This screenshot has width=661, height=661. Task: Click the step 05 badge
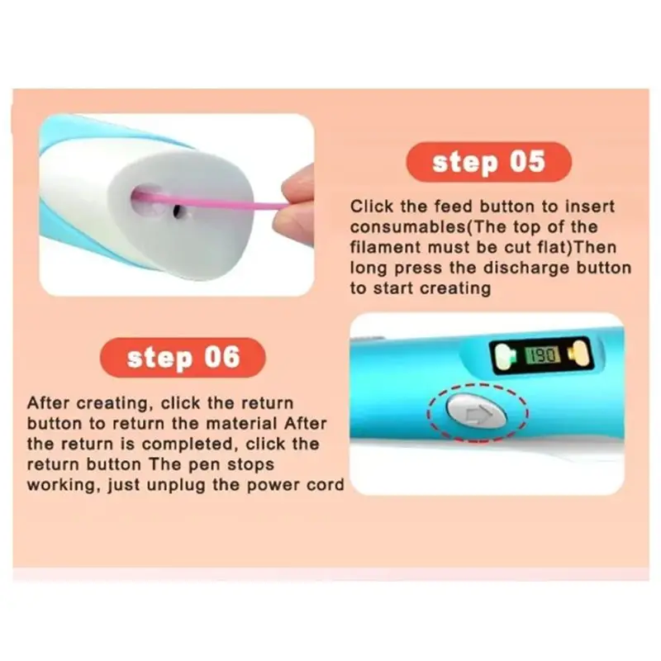click(x=488, y=162)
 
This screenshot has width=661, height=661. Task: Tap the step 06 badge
click(x=183, y=358)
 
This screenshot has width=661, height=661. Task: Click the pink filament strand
click(x=211, y=202)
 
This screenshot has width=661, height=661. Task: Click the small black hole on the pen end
click(x=178, y=211)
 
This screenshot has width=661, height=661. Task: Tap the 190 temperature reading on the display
click(x=543, y=356)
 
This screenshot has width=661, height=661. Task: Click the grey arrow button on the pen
click(x=477, y=411)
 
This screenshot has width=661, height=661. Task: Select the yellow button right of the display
click(x=579, y=354)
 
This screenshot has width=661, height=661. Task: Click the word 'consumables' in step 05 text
click(x=407, y=227)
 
